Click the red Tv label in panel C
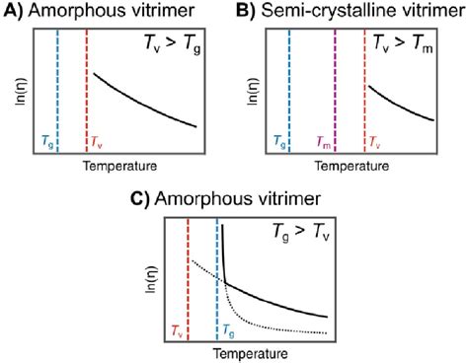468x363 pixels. tap(177, 330)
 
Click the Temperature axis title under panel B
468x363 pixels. tap(351, 165)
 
